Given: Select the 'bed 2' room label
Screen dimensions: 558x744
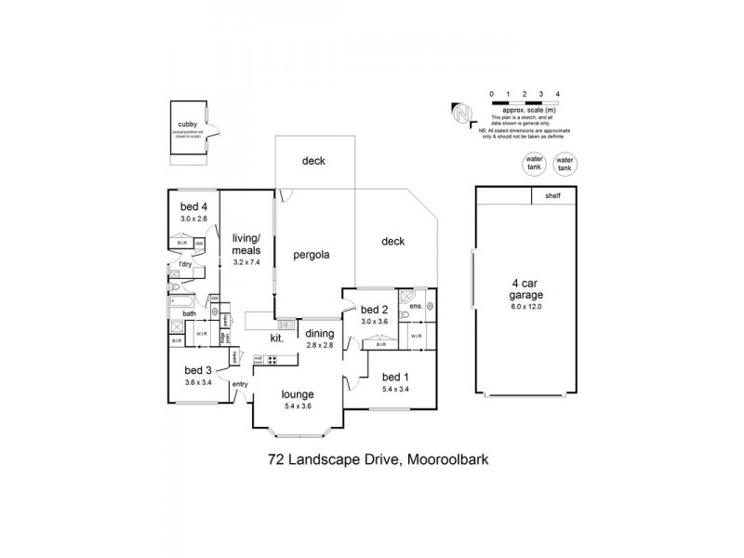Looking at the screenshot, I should (373, 310).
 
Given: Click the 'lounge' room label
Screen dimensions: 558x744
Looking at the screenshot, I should (298, 393).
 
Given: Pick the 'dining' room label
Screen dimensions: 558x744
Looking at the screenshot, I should (319, 334).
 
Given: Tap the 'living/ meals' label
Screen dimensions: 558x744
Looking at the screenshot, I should (246, 244).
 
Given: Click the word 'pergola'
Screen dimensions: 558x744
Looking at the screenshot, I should (312, 254).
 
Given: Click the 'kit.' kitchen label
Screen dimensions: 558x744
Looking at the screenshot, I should (276, 338).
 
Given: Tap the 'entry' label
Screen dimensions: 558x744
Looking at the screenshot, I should (240, 384).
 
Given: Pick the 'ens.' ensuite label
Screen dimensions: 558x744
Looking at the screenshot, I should (415, 305).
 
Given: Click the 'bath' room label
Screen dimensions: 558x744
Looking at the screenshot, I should (189, 313).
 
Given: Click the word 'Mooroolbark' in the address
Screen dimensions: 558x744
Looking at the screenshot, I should (445, 459).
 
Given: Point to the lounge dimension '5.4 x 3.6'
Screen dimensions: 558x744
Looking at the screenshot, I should (298, 405).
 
